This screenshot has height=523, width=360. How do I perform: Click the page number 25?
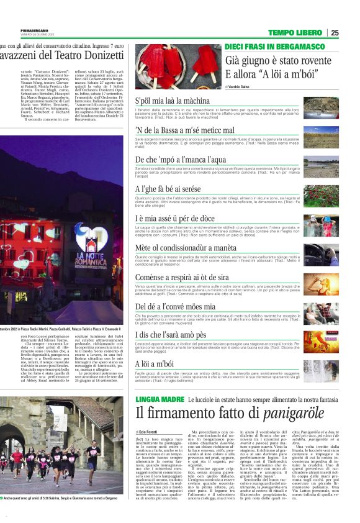point(335,33)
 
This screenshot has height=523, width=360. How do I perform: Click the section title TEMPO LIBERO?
point(295,33)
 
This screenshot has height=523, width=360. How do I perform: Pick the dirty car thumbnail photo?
point(321,108)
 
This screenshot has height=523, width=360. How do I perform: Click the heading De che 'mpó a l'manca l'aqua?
point(172,160)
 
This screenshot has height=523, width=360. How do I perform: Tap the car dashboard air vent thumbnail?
point(321,255)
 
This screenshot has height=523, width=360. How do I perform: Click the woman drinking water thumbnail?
point(321,284)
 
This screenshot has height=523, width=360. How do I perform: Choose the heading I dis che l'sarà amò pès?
point(172,334)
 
